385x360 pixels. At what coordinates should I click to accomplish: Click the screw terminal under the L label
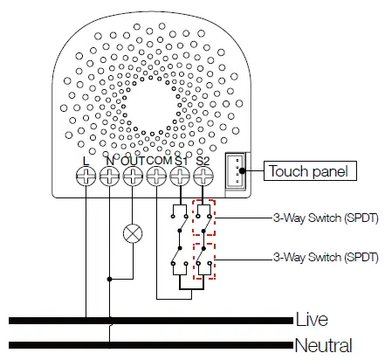(86, 178)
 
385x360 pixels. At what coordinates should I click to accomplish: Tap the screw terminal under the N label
(109, 178)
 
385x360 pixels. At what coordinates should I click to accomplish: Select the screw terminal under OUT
(133, 178)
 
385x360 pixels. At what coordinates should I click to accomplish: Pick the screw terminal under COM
(156, 178)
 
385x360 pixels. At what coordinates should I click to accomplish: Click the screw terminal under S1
(180, 178)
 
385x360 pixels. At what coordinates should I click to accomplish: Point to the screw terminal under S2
(203, 178)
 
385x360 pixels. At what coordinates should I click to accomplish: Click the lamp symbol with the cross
(133, 232)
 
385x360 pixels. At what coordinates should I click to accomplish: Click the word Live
(312, 319)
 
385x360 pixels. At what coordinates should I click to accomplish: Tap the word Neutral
(324, 344)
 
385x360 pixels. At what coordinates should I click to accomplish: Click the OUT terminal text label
(133, 161)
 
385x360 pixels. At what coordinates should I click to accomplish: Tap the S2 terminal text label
(203, 161)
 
